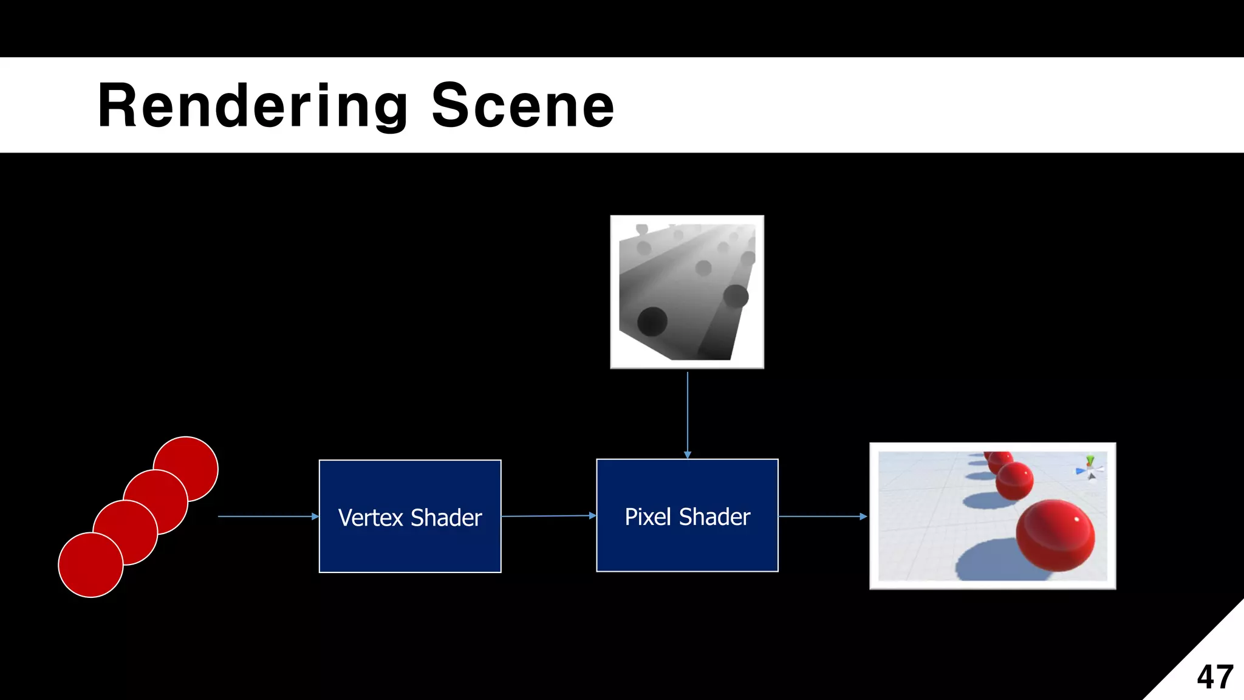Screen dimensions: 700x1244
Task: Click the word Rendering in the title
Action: coord(252,106)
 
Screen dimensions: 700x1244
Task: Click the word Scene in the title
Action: coord(522,106)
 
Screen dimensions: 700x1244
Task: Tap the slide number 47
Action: coord(1214,677)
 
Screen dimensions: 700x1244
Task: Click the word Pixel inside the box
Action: coord(648,517)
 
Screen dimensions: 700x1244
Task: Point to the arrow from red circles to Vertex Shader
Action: coord(267,516)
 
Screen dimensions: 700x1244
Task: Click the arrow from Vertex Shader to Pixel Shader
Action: coord(549,516)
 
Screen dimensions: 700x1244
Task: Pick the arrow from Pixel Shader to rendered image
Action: coord(822,516)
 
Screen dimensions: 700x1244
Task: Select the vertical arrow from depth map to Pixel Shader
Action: coord(688,413)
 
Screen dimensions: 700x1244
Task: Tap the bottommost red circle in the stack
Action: coord(90,565)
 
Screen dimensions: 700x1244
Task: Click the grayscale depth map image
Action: coord(687,292)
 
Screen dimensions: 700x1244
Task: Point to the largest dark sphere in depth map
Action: coord(652,321)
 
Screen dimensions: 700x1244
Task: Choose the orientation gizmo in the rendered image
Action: coord(1090,469)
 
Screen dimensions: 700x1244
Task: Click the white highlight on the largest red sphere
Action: coord(1077,519)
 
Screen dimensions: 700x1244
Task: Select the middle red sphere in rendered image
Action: coord(1014,481)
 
